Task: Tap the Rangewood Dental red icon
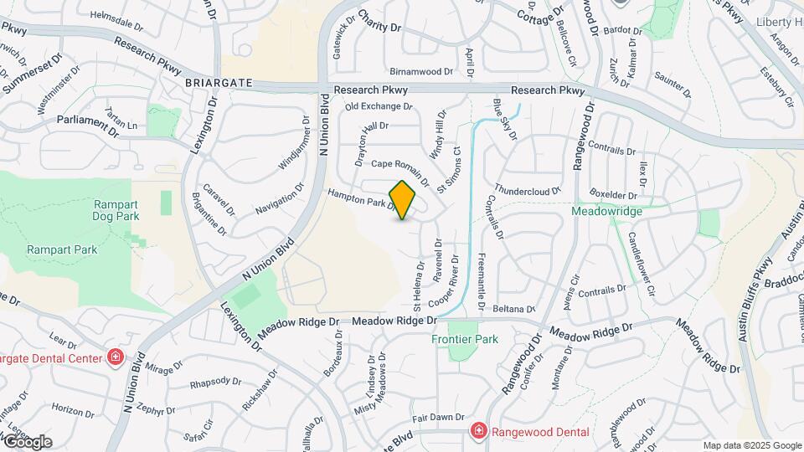(478, 431)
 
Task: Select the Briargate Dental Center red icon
(115, 359)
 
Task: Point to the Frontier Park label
(465, 339)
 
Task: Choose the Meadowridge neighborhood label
(606, 211)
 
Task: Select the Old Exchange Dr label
(379, 106)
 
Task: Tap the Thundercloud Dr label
(528, 189)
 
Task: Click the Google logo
(27, 442)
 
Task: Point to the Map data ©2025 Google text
(751, 445)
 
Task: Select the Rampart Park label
(62, 249)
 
